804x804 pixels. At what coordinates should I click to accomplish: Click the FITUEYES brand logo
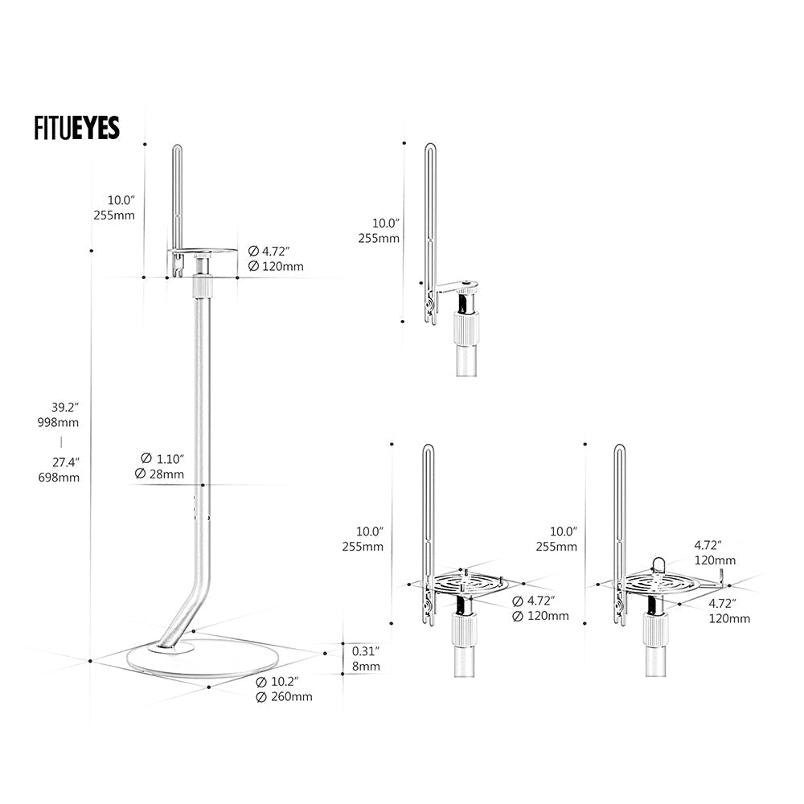point(76,128)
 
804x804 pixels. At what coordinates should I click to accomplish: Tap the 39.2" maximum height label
point(64,406)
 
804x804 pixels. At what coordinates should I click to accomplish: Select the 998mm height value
point(64,422)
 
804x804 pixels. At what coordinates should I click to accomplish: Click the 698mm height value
point(64,478)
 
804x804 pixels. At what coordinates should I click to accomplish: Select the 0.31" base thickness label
point(366,651)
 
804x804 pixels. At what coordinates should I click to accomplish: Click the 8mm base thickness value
point(365,667)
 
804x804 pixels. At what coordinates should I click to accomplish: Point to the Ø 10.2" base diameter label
point(277,681)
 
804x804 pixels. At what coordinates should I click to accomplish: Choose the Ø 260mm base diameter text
point(283,697)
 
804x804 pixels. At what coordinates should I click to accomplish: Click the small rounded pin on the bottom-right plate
point(658,564)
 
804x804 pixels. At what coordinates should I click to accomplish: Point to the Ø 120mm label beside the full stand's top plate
point(275,266)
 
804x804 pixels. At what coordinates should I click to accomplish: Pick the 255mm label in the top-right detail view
point(379,238)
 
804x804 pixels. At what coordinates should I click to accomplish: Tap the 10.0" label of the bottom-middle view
point(370,531)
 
